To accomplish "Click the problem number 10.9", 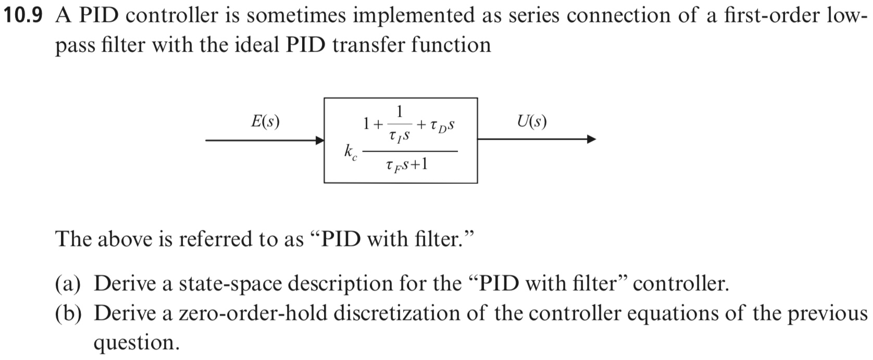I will pos(22,16).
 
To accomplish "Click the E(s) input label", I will pos(265,121).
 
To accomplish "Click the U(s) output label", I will pos(532,121).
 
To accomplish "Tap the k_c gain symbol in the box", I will pos(350,153).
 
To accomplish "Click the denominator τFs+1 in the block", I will pos(407,166).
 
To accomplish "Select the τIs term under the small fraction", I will pos(398,136).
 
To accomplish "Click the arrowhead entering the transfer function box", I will pos(319,140).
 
